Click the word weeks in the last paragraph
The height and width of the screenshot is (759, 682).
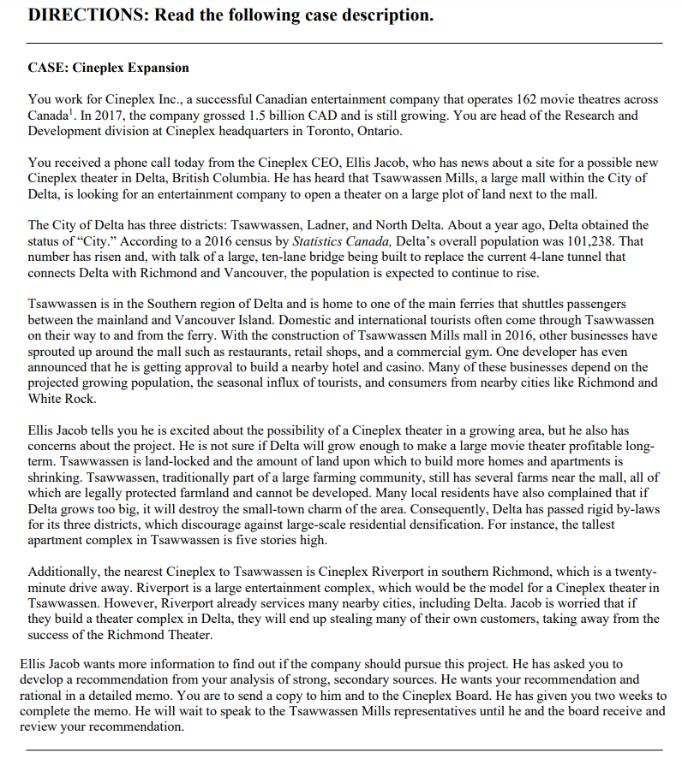click(642, 696)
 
